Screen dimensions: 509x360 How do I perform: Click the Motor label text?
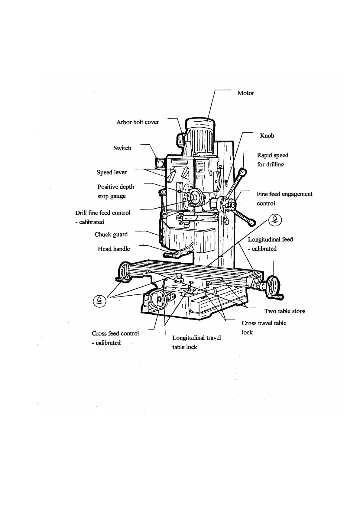(x=245, y=93)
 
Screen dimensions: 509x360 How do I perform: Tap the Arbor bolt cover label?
(x=138, y=122)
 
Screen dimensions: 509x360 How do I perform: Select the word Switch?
(x=122, y=148)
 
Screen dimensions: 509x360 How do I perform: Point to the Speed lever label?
(x=112, y=172)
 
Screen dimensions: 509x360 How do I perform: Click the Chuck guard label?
(x=111, y=235)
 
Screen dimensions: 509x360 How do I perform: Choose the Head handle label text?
(x=114, y=249)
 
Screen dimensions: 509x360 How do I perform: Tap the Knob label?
(x=267, y=136)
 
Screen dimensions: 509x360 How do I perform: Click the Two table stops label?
(x=284, y=311)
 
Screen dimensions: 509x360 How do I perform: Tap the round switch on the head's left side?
(x=159, y=163)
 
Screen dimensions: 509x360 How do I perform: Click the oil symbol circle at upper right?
(x=275, y=219)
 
